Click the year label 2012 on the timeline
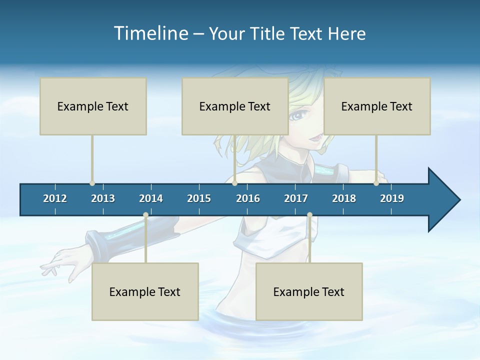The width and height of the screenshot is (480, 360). [55, 198]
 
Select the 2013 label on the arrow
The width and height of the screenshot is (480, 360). [103, 198]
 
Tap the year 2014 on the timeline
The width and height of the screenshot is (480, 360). [151, 198]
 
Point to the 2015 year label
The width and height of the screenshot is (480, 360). [199, 198]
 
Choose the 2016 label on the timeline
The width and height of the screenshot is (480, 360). [248, 198]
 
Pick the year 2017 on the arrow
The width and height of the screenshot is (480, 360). [296, 198]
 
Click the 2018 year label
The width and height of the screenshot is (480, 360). [344, 198]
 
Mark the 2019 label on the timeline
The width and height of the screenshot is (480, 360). [392, 198]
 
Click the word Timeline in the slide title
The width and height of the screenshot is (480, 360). [149, 33]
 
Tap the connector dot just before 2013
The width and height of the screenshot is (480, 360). [92, 183]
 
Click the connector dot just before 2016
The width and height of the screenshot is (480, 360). [234, 183]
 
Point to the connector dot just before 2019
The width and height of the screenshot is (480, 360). [376, 183]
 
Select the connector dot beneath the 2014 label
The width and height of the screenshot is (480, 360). [145, 215]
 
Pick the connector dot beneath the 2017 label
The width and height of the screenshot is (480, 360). [309, 215]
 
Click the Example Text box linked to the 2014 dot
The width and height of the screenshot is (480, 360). [145, 291]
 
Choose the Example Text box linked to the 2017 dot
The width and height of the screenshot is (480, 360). [309, 291]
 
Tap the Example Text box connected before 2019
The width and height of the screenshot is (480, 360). [377, 106]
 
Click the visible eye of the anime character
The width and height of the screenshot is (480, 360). [298, 116]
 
